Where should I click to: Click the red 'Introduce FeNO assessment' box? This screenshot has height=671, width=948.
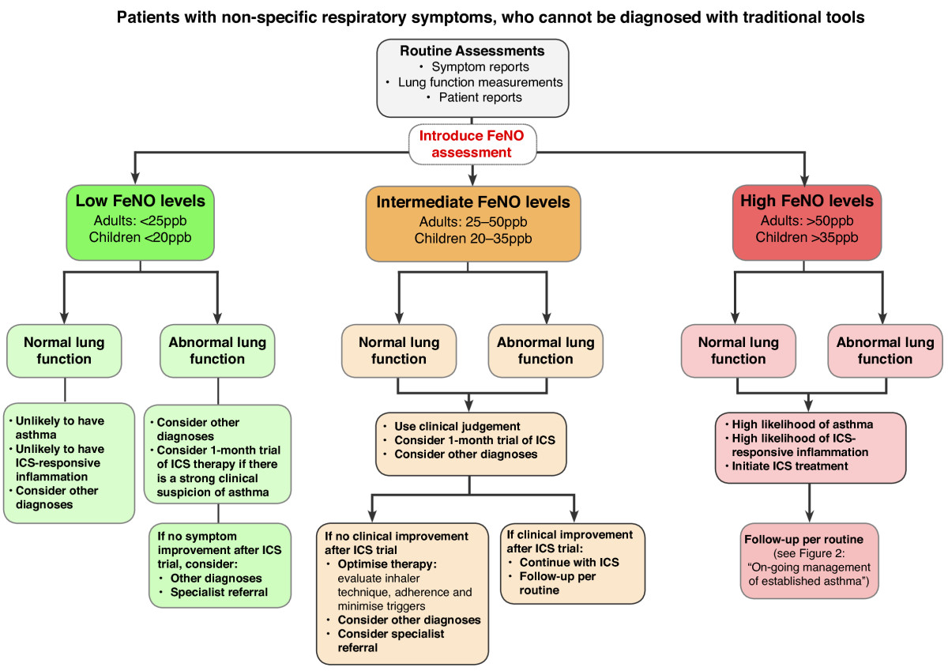(472, 144)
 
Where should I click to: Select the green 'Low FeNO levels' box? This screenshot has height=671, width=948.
(140, 223)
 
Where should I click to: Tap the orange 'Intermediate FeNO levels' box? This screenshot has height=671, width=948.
(472, 224)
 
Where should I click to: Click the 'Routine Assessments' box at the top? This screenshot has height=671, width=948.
(472, 77)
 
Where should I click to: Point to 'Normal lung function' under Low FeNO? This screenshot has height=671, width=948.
(64, 351)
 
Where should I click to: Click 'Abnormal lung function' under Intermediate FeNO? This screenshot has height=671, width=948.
(546, 351)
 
